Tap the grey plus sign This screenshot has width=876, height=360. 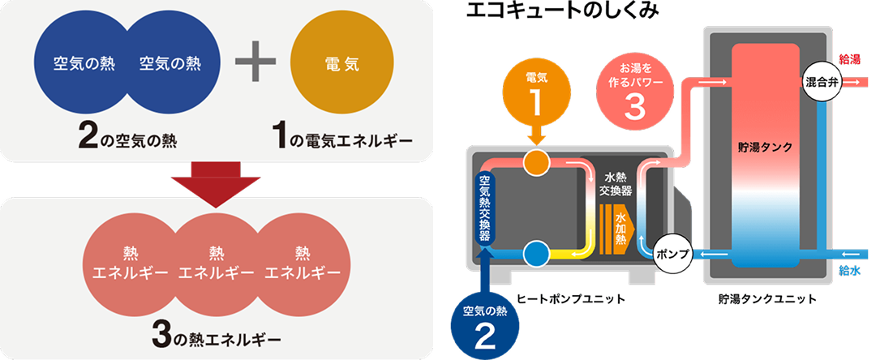tap(255, 63)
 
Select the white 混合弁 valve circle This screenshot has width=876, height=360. tap(821, 83)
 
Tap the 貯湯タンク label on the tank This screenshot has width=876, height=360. tap(765, 148)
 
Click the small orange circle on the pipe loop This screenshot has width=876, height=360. tap(535, 163)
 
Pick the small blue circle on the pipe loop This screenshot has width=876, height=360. tap(535, 254)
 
